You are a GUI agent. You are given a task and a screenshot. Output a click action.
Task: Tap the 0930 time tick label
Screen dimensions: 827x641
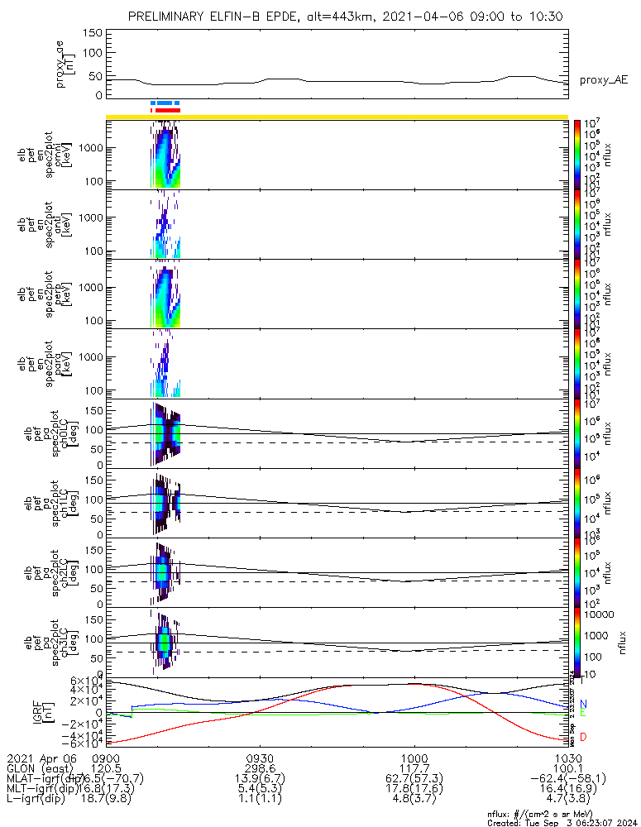point(260,757)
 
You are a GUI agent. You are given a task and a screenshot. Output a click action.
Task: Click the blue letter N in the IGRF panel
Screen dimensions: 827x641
point(583,703)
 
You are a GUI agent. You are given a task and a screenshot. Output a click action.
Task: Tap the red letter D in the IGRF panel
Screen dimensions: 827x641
point(583,736)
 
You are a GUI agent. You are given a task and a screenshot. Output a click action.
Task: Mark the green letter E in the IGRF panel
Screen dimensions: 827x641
point(583,712)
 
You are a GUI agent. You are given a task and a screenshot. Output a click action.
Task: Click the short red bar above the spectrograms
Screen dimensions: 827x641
point(167,109)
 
